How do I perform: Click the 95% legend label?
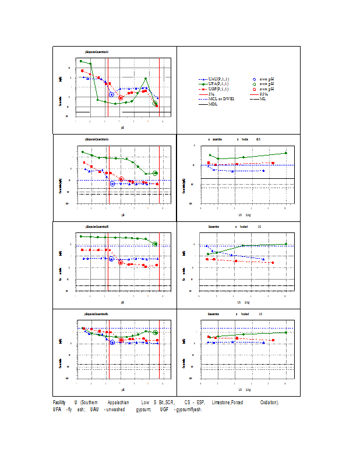263,94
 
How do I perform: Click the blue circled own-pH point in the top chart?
112,94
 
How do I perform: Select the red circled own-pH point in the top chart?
121,98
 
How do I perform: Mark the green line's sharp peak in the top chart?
146,78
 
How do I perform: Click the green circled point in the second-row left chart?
156,173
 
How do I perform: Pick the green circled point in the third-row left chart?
156,243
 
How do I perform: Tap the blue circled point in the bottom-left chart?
112,343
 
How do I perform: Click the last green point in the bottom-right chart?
285,332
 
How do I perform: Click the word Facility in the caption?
59,403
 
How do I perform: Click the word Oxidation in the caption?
269,403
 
